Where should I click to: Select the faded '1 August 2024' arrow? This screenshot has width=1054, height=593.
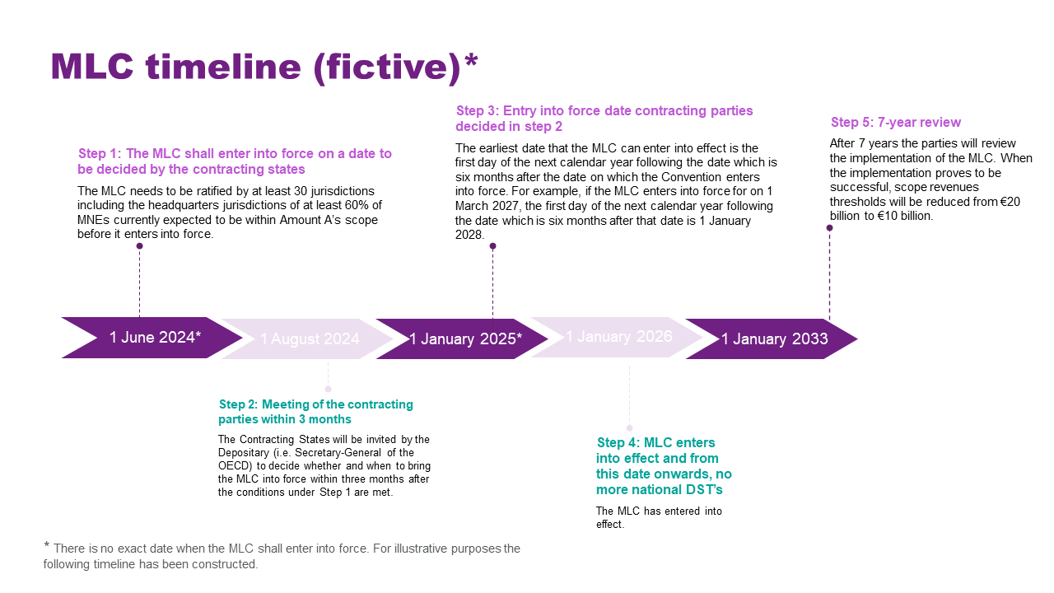308,339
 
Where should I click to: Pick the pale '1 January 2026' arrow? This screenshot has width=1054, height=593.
618,337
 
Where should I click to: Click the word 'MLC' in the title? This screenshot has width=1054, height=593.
92,67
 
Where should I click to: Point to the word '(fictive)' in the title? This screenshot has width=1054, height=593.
387,68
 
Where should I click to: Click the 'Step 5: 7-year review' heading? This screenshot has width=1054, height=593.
896,123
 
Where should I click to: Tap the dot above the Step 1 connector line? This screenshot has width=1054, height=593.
139,246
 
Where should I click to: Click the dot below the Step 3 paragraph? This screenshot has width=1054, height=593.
492,246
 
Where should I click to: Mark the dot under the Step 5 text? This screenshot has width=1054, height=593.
829,228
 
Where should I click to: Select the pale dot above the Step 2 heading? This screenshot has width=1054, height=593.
328,390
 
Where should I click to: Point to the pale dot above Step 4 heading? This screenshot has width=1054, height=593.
630,427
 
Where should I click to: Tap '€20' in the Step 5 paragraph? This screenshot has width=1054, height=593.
1010,202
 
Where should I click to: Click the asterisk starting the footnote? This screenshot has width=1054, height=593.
47,545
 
